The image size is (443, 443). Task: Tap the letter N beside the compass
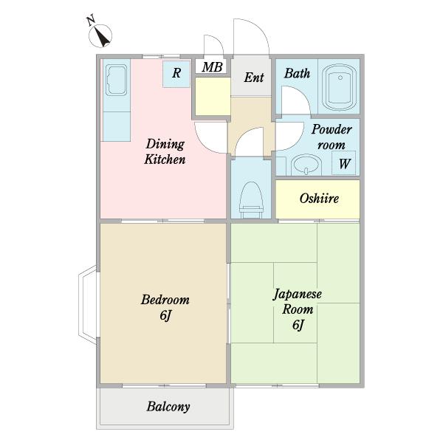[x=91, y=21]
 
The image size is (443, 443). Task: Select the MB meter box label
[x=212, y=66]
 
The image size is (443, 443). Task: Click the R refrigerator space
[x=176, y=74]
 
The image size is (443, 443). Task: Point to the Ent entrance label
[x=254, y=78]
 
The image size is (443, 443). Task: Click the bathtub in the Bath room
[x=340, y=87]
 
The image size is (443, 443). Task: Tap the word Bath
[x=297, y=73]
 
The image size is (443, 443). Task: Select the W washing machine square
[x=343, y=163]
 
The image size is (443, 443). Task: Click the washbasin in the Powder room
[x=306, y=165]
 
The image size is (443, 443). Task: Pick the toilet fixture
[x=251, y=200]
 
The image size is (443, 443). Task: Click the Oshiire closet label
[x=319, y=199]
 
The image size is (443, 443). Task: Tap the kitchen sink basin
[x=116, y=80]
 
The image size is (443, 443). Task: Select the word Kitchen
[x=165, y=159]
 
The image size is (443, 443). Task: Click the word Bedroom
[x=165, y=300]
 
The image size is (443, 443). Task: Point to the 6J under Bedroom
[x=165, y=315]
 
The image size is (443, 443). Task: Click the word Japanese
[x=298, y=295]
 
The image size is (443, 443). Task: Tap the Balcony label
[x=168, y=407]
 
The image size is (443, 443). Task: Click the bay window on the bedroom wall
[x=87, y=305]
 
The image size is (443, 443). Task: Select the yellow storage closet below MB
[x=213, y=96]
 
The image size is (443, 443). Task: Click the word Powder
[x=332, y=130]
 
